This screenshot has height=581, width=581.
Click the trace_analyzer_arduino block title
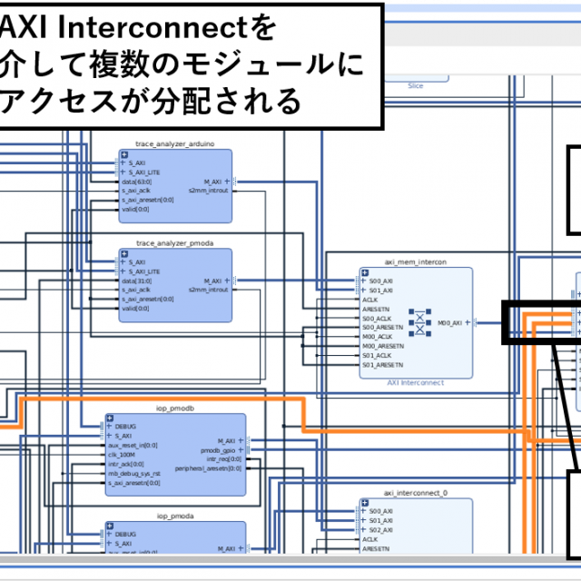[x=175, y=143]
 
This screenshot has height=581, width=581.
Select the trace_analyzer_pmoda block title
[x=175, y=243]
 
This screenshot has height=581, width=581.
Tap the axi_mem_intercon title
[x=416, y=262]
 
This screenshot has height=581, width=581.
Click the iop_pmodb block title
[x=175, y=409]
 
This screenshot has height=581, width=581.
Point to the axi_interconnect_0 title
[x=416, y=494]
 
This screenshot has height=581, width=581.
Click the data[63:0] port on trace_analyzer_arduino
[x=136, y=182]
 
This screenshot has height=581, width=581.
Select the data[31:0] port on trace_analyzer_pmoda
[x=136, y=281]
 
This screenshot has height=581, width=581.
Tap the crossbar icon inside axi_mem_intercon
[x=419, y=322]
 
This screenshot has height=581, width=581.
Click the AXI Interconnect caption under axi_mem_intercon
[x=416, y=383]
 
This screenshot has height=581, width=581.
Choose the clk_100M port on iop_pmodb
[x=121, y=455]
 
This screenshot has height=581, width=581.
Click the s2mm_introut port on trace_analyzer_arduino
[x=208, y=190]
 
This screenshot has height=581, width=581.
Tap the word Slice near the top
[x=416, y=85]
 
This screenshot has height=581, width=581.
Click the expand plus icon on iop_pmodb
[x=110, y=419]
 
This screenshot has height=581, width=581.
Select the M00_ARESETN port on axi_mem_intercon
[x=382, y=346]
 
